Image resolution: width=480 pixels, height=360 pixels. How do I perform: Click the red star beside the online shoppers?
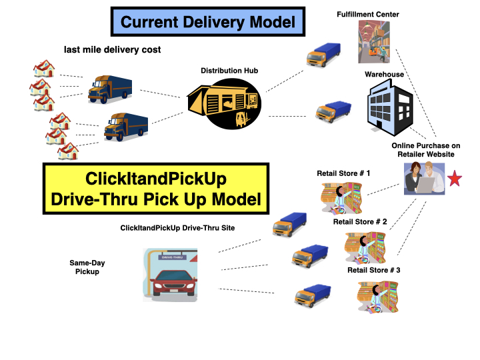pyautogui.click(x=455, y=179)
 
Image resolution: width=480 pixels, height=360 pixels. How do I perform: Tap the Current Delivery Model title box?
pyautogui.click(x=208, y=22)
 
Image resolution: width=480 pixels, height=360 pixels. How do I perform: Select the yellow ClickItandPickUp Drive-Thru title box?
pyautogui.click(x=155, y=189)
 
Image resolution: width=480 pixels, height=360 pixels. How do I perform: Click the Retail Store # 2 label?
pyautogui.click(x=360, y=222)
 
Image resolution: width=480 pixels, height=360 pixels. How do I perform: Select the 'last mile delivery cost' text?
pyautogui.click(x=112, y=50)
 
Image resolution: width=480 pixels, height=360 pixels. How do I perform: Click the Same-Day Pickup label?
pyautogui.click(x=87, y=267)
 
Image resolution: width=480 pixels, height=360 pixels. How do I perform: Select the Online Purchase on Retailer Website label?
pyautogui.click(x=426, y=150)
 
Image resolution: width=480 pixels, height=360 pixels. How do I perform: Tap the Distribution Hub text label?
pyautogui.click(x=229, y=71)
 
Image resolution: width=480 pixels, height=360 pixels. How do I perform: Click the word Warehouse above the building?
pyautogui.click(x=384, y=75)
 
